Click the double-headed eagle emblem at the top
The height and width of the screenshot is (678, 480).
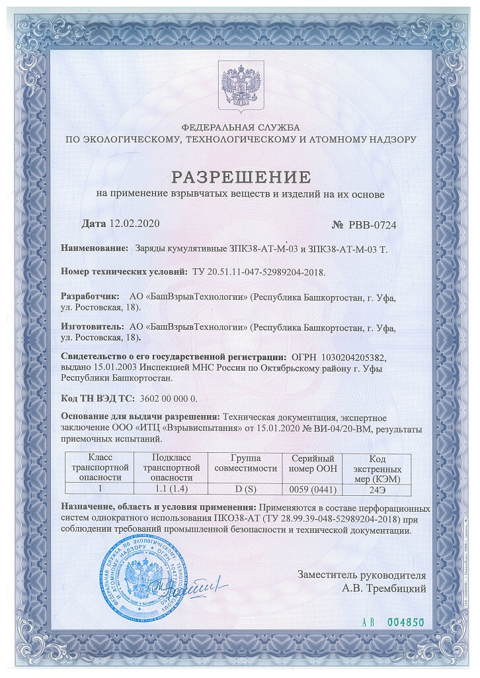(240, 83)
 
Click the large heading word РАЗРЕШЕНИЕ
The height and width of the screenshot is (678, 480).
(240, 177)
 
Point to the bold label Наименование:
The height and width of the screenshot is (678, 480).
(95, 248)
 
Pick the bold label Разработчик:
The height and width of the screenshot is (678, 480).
(90, 298)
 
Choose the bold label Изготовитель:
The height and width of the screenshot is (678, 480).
(92, 326)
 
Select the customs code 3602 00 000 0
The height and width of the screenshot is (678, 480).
(168, 399)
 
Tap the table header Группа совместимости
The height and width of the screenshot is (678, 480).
(245, 462)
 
